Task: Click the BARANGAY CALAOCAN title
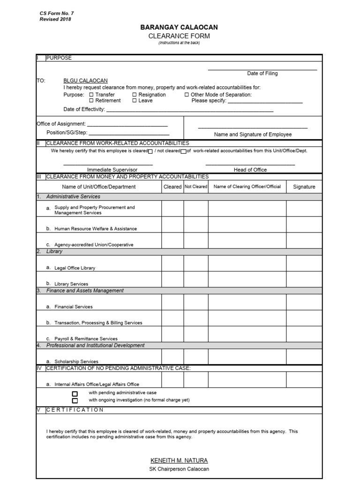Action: [179, 28]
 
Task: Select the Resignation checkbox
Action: [135, 95]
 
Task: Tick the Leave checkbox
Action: [135, 101]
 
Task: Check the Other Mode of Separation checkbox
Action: [187, 95]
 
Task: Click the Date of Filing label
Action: [262, 74]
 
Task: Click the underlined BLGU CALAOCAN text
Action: [85, 81]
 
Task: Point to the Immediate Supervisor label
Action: [112, 170]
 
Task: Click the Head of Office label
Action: [250, 170]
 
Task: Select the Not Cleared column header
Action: [195, 187]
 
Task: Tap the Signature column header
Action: [304, 187]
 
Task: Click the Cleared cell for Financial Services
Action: [172, 302]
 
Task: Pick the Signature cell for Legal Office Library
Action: [304, 263]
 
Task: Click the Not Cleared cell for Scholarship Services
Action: [195, 357]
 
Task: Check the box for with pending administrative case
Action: [75, 393]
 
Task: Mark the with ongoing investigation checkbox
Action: [75, 400]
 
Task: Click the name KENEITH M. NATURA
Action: [179, 460]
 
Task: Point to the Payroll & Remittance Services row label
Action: [86, 338]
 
